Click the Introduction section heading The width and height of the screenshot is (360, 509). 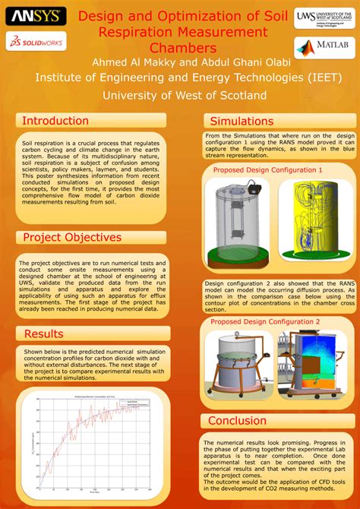(x=55, y=121)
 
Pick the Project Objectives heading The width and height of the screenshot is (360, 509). (x=72, y=238)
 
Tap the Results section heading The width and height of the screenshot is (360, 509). (x=44, y=334)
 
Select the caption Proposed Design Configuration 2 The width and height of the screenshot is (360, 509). (x=266, y=322)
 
